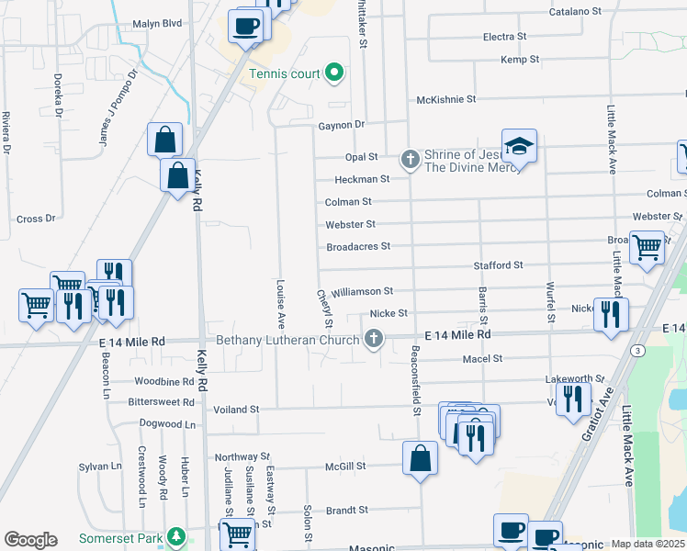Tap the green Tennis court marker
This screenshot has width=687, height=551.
[x=334, y=73]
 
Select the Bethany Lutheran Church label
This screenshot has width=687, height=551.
[x=287, y=341]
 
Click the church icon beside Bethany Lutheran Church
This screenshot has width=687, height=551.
[x=373, y=341]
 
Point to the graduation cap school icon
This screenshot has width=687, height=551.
[x=519, y=146]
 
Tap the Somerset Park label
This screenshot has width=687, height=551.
[x=119, y=538]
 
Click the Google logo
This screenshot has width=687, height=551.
[x=30, y=540]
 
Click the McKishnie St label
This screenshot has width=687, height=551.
[x=446, y=99]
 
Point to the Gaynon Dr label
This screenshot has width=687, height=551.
[x=342, y=125]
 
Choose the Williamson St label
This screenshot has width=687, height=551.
[x=362, y=291]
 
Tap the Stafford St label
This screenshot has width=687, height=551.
[x=498, y=265]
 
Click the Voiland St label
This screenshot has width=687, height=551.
[x=236, y=409]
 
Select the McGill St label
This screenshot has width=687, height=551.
[x=345, y=466]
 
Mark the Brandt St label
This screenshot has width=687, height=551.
[x=347, y=510]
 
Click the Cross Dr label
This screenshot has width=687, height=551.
[x=37, y=219]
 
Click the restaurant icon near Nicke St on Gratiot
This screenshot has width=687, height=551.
[x=611, y=314]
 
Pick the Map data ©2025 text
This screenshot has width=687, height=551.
[x=648, y=545]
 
